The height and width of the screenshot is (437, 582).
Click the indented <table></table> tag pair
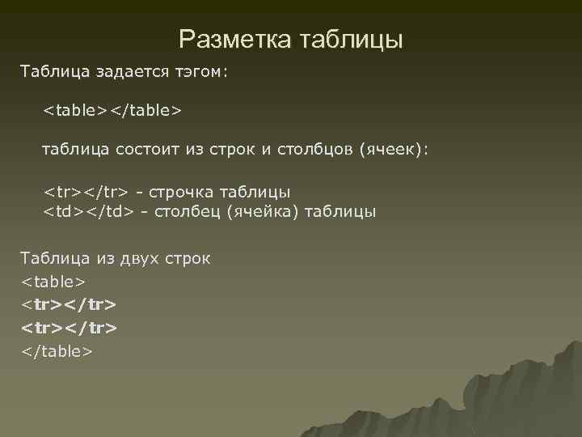coord(112,108)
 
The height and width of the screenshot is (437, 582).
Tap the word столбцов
coord(310,150)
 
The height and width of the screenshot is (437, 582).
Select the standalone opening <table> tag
coord(53,282)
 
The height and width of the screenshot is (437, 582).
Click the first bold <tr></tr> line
coord(70,305)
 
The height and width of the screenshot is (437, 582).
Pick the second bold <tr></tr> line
coord(70,329)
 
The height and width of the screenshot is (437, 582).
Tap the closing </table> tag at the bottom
coord(57,352)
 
